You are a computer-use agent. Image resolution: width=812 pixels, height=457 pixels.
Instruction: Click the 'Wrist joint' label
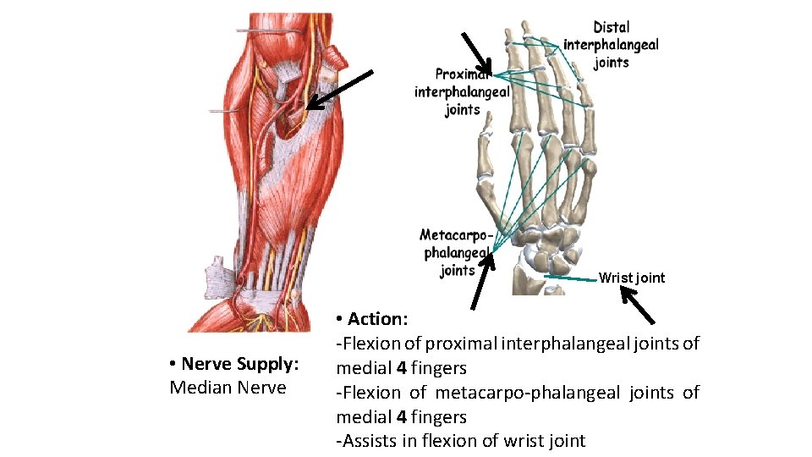[x=631, y=278]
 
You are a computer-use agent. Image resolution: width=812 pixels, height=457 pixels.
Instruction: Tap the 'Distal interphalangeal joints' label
[x=611, y=45]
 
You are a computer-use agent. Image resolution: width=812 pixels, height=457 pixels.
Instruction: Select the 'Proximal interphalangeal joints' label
[x=461, y=92]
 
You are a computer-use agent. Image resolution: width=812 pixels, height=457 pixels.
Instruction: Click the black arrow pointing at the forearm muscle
[x=339, y=90]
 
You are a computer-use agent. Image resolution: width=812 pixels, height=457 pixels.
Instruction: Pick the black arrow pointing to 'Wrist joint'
[x=637, y=306]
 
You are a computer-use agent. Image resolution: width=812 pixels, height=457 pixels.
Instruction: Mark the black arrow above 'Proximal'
[x=476, y=52]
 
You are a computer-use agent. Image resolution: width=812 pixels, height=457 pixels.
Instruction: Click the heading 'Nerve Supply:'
[x=239, y=364]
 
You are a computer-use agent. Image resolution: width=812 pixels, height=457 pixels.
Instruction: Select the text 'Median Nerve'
[x=228, y=388]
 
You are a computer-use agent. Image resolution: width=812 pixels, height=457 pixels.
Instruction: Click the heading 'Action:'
[x=377, y=319]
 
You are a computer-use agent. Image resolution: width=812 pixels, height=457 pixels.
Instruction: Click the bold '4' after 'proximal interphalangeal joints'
[x=401, y=368]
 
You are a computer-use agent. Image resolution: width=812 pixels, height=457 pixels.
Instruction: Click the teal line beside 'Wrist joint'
[x=570, y=278]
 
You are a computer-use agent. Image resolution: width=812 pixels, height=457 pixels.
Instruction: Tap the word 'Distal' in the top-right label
[x=611, y=28]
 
